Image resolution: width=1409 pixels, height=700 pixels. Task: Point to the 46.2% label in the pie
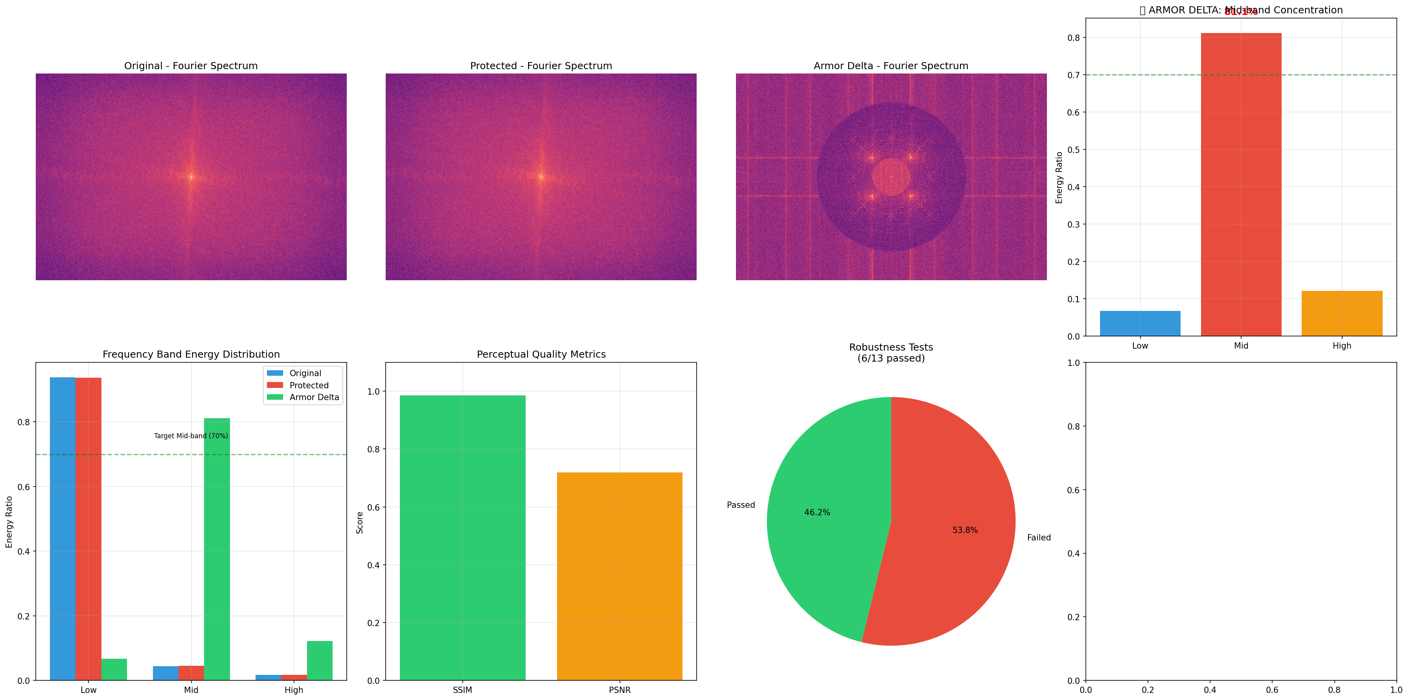[x=817, y=513]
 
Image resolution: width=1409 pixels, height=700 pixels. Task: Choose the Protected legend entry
[x=309, y=386]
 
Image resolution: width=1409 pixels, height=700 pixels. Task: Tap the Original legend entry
[x=305, y=373]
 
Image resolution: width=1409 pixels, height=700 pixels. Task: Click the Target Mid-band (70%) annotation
[x=191, y=436]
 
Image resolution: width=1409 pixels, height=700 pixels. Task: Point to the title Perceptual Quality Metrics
[x=541, y=355]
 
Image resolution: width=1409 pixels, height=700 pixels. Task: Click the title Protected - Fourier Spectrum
[x=541, y=66]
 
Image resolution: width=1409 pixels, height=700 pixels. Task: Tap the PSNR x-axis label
[x=619, y=690]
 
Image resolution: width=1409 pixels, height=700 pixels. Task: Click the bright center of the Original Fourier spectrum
[x=191, y=176]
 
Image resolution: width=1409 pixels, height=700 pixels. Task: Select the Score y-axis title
[x=359, y=522]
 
